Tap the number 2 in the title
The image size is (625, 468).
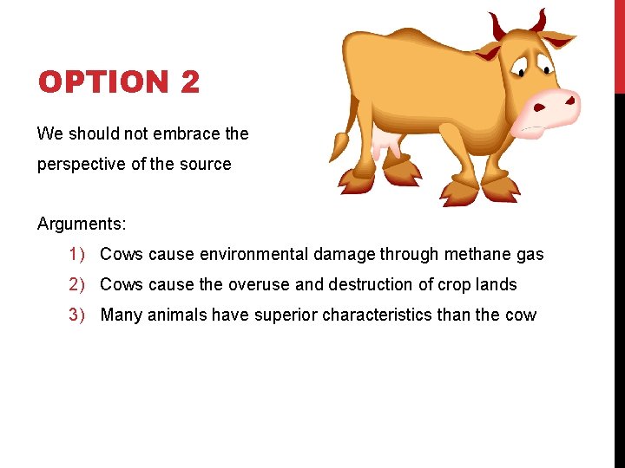191,82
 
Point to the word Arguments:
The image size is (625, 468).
82,224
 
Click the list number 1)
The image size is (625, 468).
80,254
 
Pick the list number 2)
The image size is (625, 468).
80,284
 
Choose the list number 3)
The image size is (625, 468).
80,315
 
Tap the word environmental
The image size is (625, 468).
253,254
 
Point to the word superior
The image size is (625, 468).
286,315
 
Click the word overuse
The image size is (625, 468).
260,284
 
